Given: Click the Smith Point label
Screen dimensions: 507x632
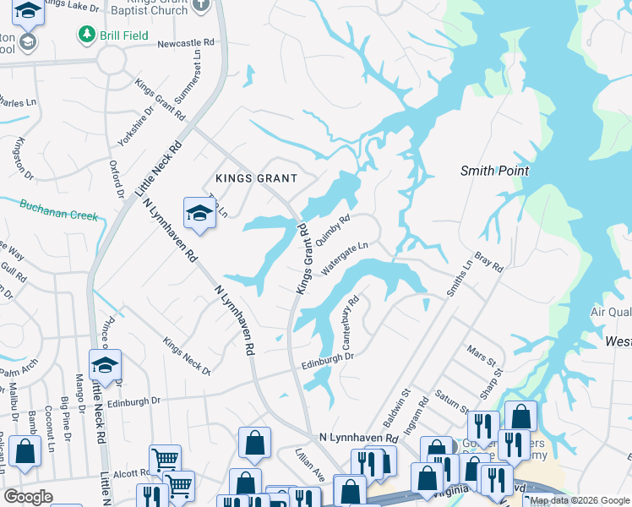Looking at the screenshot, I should pos(494,171).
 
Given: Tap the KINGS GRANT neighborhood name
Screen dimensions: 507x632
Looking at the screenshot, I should pos(256,178).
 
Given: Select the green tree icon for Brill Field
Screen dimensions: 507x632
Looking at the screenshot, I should pos(85,35).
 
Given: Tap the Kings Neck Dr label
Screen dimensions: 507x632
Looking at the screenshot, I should pos(186,356).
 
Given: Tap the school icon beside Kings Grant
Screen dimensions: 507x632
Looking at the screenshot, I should pos(199,215).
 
